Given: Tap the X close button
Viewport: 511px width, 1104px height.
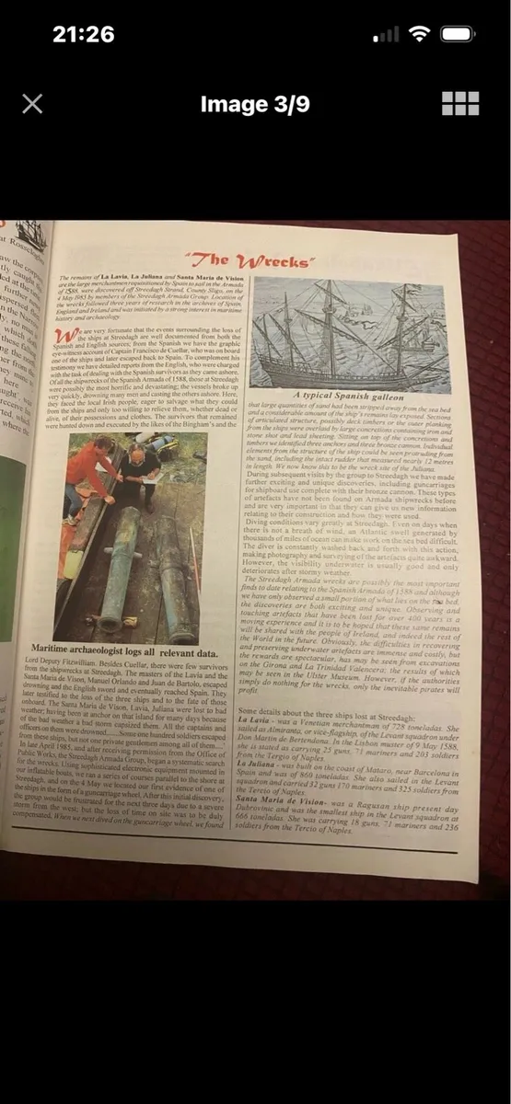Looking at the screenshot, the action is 32,103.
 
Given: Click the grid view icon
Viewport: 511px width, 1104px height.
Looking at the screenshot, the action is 459,103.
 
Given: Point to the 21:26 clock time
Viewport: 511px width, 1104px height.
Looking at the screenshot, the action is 83,34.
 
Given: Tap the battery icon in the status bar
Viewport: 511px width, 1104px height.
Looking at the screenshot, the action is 458,34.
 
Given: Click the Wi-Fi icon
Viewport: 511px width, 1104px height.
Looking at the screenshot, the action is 420,34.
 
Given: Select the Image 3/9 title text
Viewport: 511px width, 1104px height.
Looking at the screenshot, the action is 255,104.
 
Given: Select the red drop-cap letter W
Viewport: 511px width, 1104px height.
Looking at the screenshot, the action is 64,334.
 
